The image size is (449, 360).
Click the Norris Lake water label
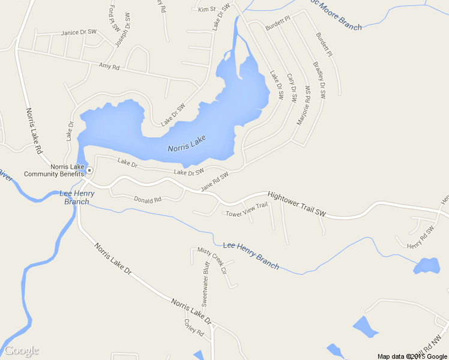click(x=187, y=143)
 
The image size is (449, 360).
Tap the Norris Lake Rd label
click(x=34, y=130)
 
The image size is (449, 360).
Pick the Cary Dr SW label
click(x=292, y=88)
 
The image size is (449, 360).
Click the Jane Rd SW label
click(x=215, y=182)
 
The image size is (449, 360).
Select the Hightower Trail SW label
click(x=296, y=204)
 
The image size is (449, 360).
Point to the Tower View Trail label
click(x=246, y=210)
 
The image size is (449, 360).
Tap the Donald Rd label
click(x=148, y=199)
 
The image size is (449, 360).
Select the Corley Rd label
click(x=194, y=328)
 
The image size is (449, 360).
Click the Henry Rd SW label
click(x=420, y=238)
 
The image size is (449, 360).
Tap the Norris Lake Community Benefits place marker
click(x=89, y=170)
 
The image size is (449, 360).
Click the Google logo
click(x=22, y=350)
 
